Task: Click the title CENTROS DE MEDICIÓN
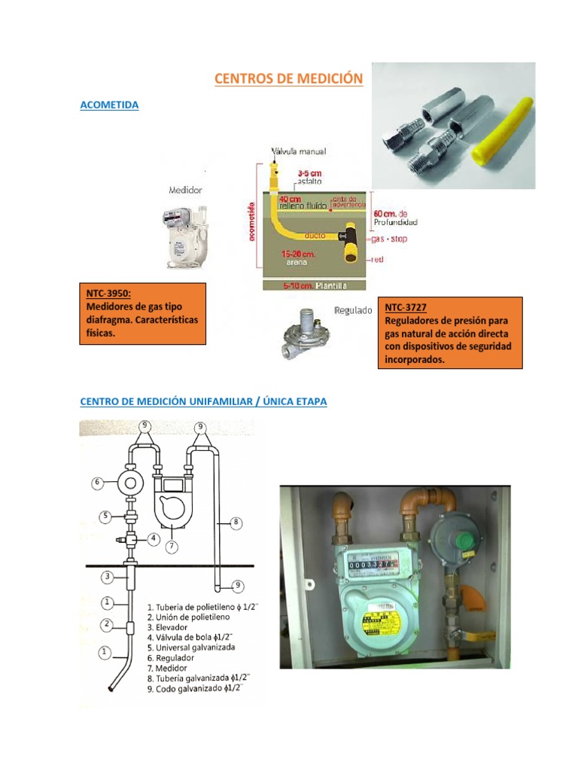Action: [x=288, y=78]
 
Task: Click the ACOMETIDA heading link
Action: [x=109, y=105]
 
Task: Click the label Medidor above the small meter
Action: [x=185, y=190]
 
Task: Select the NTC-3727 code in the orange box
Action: [x=406, y=308]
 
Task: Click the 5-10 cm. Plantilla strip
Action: [x=314, y=285]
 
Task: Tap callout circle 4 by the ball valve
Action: [x=154, y=538]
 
